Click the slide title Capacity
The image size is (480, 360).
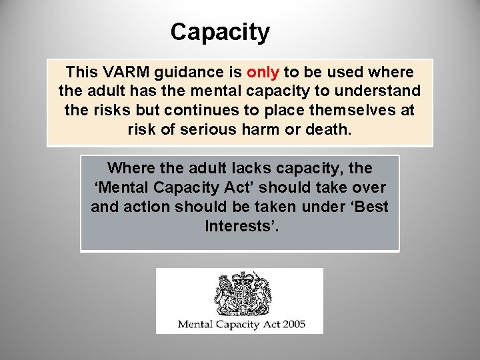point(220,32)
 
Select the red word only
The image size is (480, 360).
point(263,72)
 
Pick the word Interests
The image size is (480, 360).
point(241,226)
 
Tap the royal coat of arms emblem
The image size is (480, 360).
point(242,293)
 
